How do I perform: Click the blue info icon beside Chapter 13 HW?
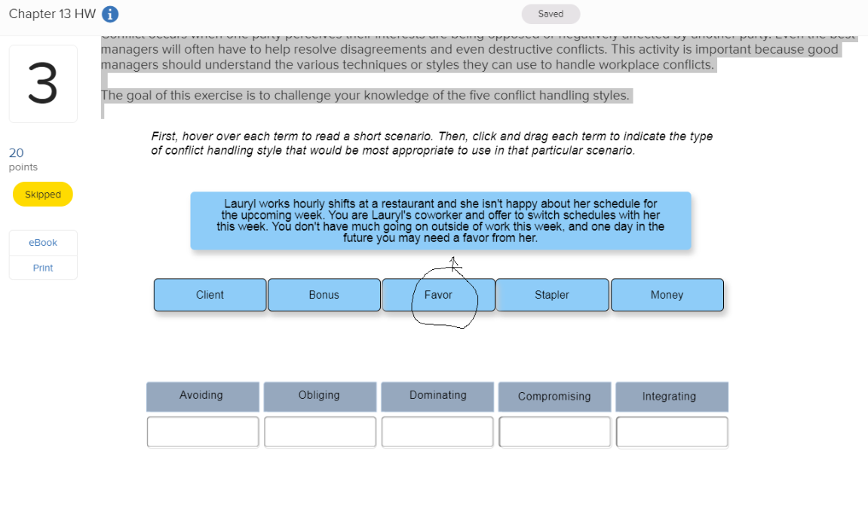point(110,14)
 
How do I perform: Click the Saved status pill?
point(551,14)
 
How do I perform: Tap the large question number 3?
point(43,84)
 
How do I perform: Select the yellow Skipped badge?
point(43,195)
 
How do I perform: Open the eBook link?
point(43,243)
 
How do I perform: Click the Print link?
point(43,268)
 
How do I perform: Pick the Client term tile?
point(210,295)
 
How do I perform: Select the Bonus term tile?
point(324,295)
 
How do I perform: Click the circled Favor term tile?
point(438,295)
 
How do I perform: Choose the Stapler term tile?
point(552,295)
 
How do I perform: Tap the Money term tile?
point(667,295)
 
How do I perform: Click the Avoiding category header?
point(202,396)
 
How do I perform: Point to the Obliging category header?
point(320,396)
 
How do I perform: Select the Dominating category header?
point(437,396)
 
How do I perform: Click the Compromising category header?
point(554,397)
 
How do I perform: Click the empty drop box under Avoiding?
point(202,432)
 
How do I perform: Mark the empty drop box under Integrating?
point(671,432)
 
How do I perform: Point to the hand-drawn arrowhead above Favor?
point(453,262)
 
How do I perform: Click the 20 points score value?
point(16,152)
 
